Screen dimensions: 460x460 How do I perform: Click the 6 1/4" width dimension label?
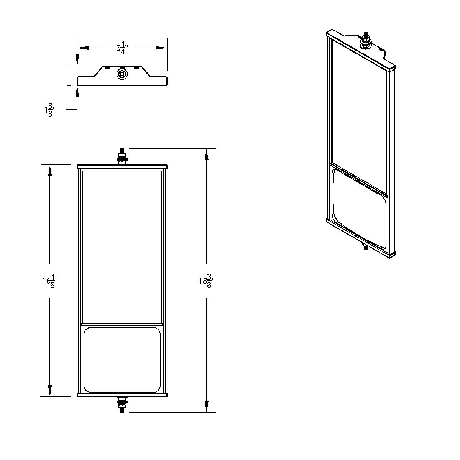click(x=122, y=48)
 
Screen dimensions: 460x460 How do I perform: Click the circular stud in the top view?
click(x=122, y=74)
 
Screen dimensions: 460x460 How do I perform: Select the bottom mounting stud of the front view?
click(x=122, y=404)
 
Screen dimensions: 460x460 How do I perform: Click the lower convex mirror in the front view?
click(x=122, y=360)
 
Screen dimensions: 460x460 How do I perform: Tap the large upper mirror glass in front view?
click(x=122, y=245)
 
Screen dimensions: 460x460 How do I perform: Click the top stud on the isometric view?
click(x=366, y=39)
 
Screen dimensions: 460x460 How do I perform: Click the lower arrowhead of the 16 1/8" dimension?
click(x=50, y=391)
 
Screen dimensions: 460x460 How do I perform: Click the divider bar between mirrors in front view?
click(x=122, y=324)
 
